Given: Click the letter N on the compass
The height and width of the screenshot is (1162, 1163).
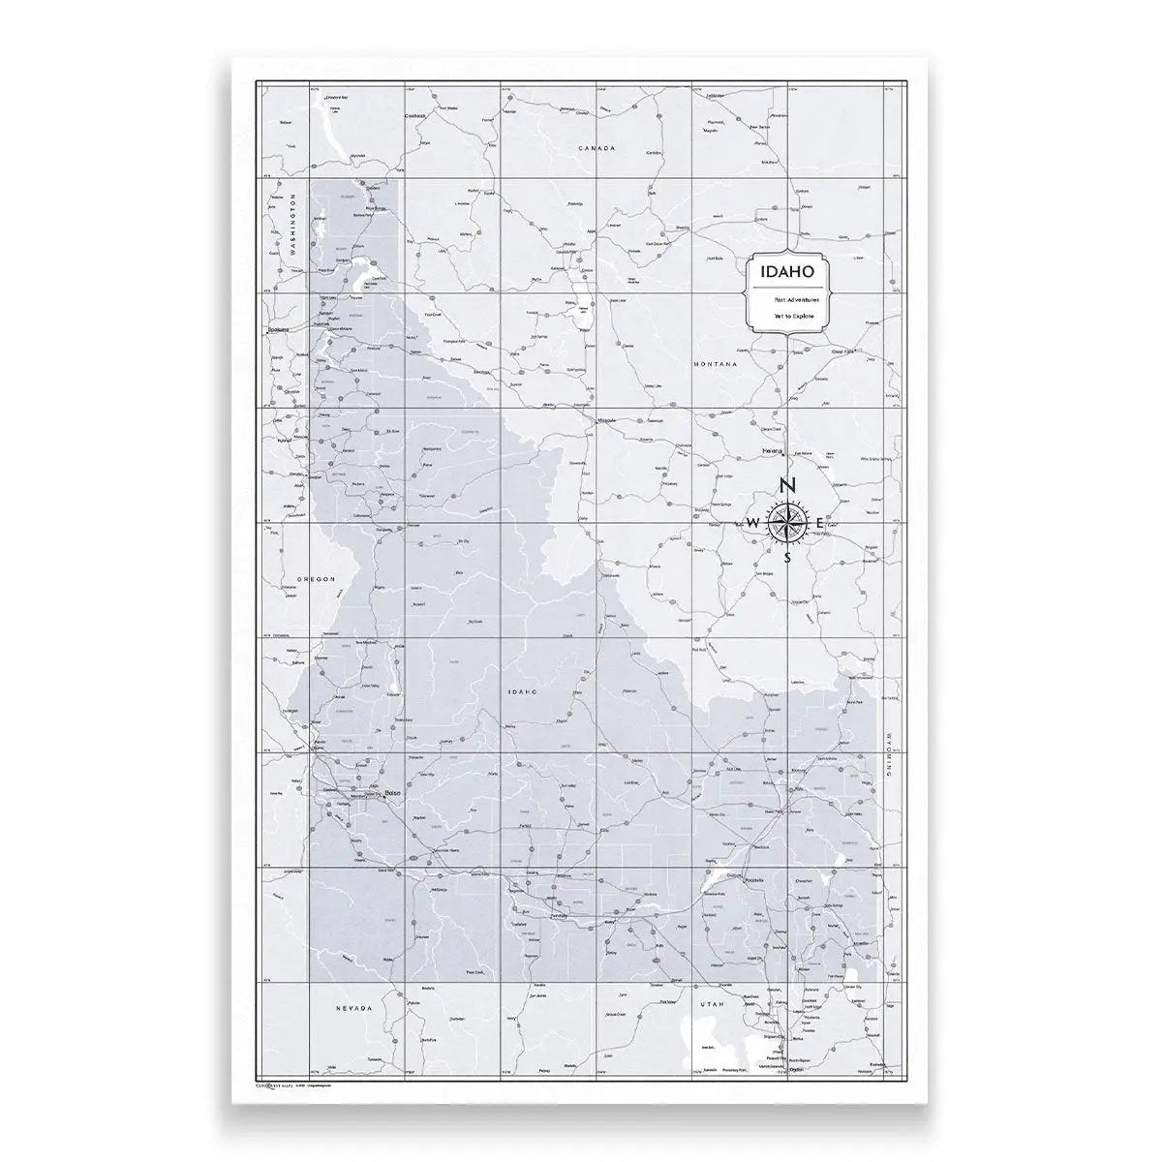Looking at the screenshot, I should coord(788,486).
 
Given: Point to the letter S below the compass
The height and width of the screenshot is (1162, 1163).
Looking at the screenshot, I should coord(787,558).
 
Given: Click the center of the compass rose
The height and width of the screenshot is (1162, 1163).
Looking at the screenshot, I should coord(787,523).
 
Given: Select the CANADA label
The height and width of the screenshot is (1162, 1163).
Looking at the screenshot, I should coord(596,148).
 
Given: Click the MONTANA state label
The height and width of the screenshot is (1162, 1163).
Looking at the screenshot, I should coord(716,364).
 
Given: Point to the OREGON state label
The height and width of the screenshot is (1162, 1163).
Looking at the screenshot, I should coord(315,579).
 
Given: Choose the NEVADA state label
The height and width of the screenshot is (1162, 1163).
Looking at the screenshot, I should coord(353,1009).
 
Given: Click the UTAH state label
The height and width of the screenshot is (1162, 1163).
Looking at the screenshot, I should coord(712,1006).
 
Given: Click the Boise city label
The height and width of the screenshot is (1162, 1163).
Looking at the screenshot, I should coord(392,794).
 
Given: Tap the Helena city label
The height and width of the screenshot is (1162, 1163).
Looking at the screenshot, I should coord(772,451).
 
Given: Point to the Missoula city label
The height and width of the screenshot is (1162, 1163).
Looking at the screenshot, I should coord(607,422).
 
